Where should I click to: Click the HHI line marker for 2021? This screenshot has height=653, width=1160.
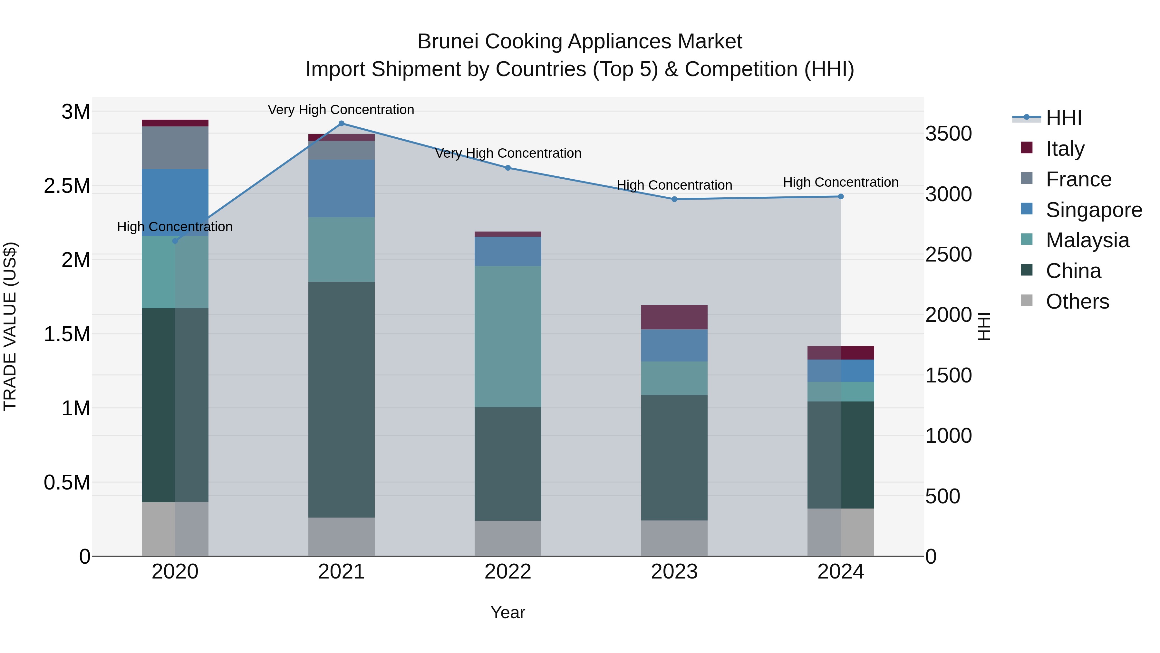pyautogui.click(x=341, y=124)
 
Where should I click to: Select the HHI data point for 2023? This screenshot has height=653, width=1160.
pyautogui.click(x=674, y=199)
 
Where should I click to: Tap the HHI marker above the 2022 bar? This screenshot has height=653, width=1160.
pyautogui.click(x=508, y=168)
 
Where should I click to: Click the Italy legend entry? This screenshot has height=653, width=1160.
pyautogui.click(x=1065, y=149)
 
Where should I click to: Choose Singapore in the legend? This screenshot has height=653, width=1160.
pyautogui.click(x=1093, y=210)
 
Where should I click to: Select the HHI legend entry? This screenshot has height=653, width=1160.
pyautogui.click(x=1063, y=118)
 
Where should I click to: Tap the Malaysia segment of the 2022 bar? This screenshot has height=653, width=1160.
pyautogui.click(x=508, y=337)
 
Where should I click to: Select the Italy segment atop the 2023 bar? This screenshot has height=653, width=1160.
pyautogui.click(x=674, y=317)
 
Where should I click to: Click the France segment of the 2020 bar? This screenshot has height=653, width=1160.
pyautogui.click(x=175, y=148)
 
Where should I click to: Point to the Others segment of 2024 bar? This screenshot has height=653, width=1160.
pyautogui.click(x=841, y=532)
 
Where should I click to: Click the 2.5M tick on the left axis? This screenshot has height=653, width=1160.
pyautogui.click(x=67, y=186)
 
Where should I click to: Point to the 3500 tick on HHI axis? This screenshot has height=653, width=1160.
pyautogui.click(x=948, y=134)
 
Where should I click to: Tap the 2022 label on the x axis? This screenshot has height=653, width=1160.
pyautogui.click(x=508, y=572)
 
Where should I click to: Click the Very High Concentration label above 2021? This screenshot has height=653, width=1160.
pyautogui.click(x=341, y=110)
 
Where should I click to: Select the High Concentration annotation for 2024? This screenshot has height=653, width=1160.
pyautogui.click(x=841, y=183)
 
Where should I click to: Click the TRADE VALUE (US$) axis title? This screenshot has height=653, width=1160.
pyautogui.click(x=10, y=326)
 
